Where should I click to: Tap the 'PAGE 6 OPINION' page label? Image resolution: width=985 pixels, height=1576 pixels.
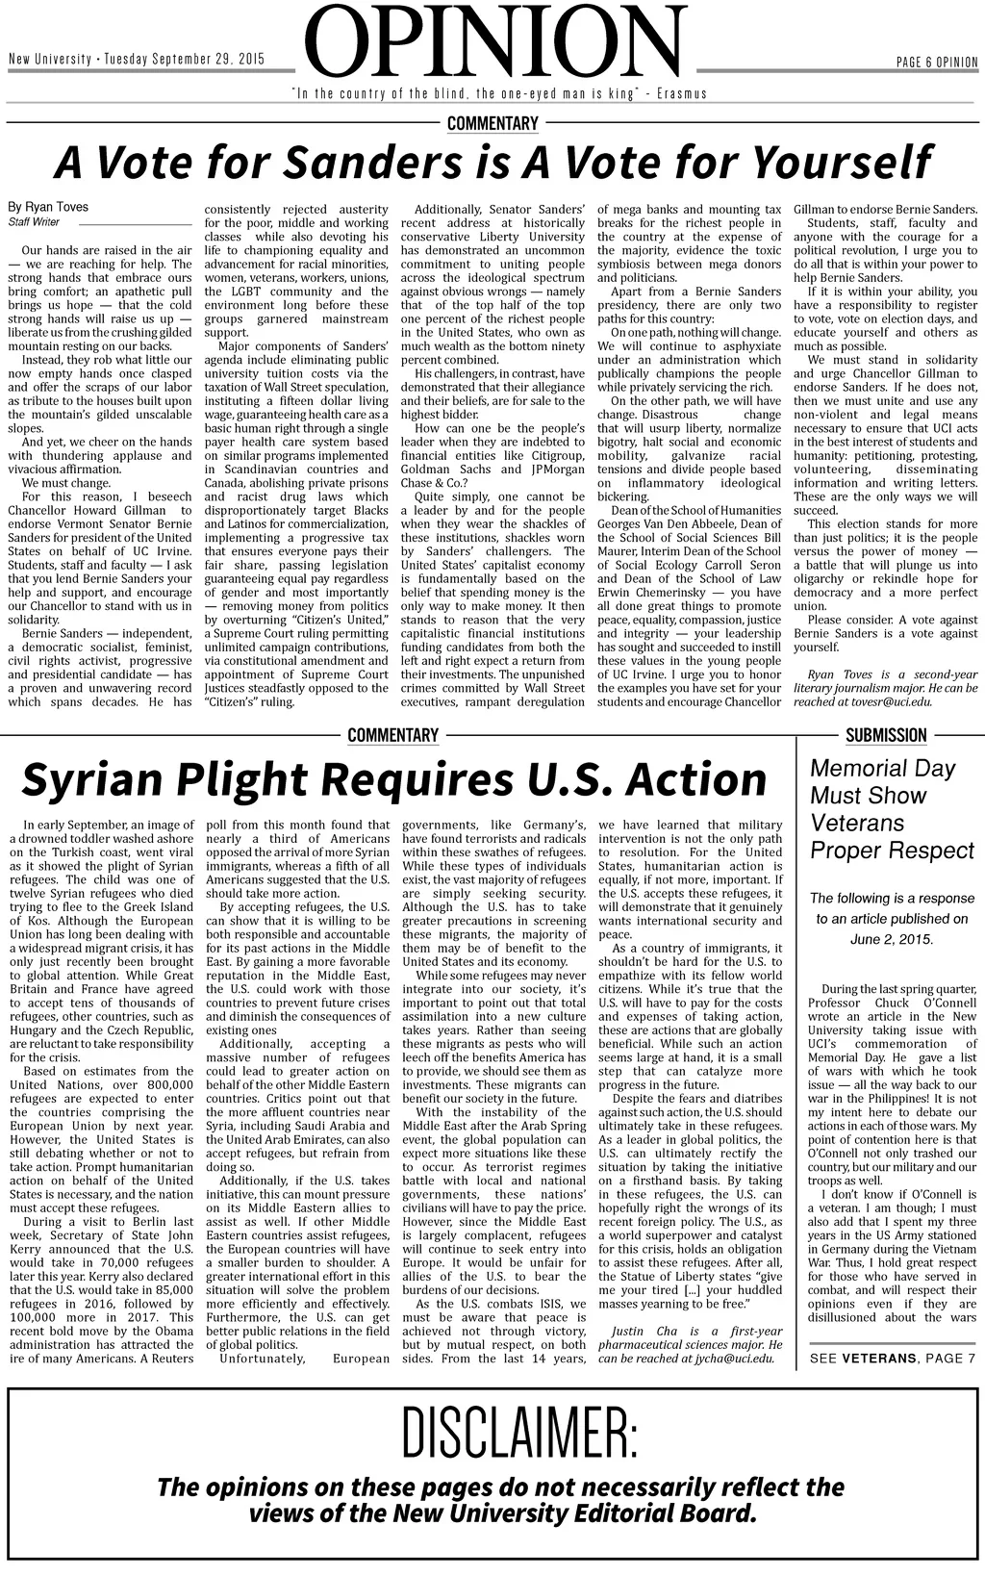click(936, 63)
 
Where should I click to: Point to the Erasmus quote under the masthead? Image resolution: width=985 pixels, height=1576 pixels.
click(499, 93)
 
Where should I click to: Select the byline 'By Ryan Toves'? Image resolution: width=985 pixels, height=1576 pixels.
click(48, 207)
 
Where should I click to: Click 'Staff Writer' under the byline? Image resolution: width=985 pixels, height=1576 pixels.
click(34, 222)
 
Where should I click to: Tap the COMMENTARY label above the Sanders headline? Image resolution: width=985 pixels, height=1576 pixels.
click(492, 123)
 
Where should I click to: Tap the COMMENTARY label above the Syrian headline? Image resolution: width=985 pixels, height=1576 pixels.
click(392, 735)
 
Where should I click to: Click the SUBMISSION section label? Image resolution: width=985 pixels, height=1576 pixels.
click(886, 735)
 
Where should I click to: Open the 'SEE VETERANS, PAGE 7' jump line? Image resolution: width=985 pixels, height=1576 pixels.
click(893, 1358)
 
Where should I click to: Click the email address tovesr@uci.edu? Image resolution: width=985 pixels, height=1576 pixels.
click(891, 702)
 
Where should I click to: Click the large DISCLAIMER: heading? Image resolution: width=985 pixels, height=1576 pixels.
click(518, 1433)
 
